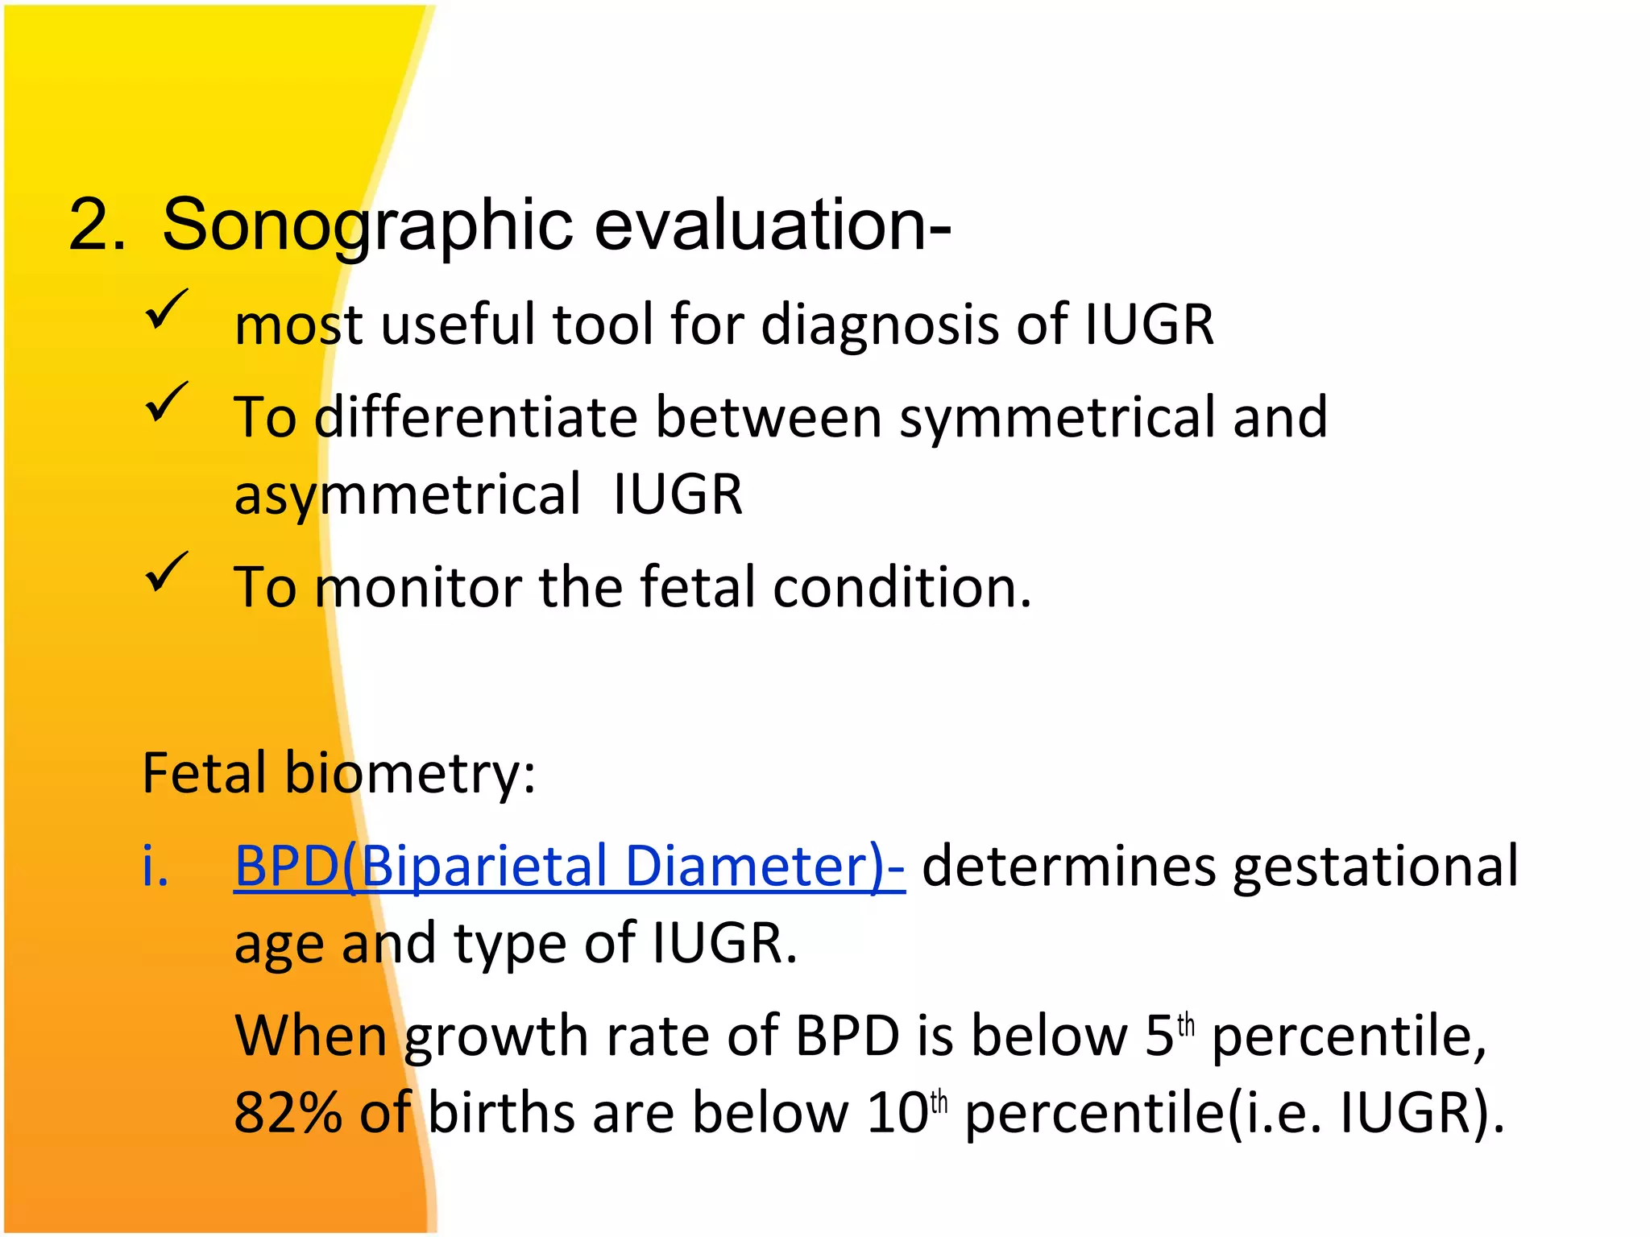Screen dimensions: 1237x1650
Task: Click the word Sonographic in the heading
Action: click(x=367, y=225)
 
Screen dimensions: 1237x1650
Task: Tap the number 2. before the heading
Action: click(x=97, y=225)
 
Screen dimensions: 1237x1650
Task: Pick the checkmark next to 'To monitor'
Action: click(x=167, y=573)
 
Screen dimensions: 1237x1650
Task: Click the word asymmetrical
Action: click(x=407, y=494)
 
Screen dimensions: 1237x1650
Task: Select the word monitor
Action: click(x=418, y=587)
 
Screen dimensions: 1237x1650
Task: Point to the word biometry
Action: click(x=410, y=774)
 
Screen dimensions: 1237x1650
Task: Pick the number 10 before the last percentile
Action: click(x=898, y=1114)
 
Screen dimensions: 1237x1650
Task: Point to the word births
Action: click(x=500, y=1114)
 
